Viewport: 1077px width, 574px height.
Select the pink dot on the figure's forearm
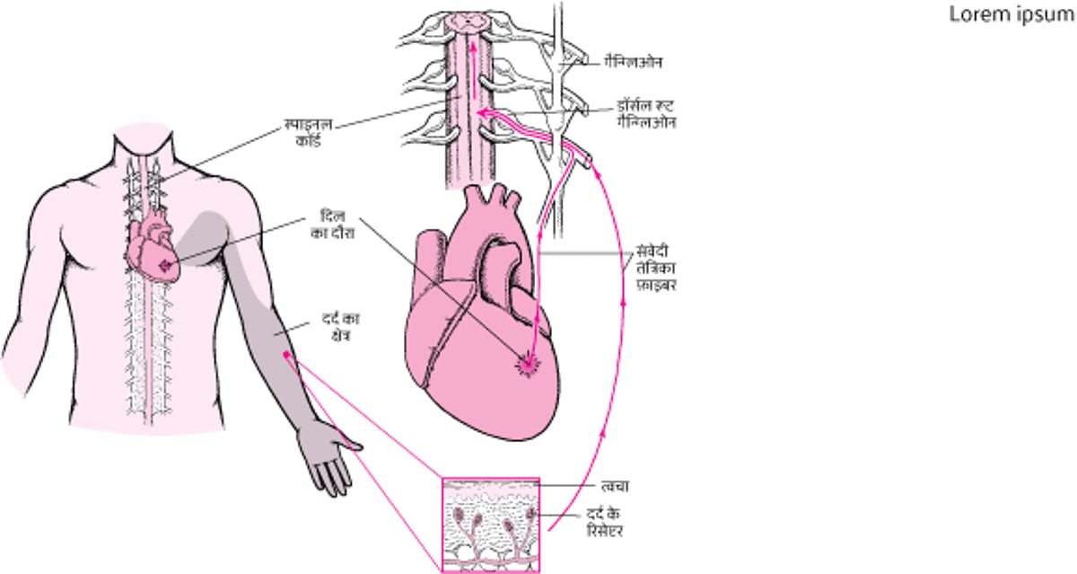tap(287, 357)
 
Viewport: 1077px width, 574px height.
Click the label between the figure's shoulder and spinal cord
tap(304, 133)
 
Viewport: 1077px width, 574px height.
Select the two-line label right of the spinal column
tap(646, 111)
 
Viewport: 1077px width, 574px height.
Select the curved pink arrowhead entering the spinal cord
tap(483, 111)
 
